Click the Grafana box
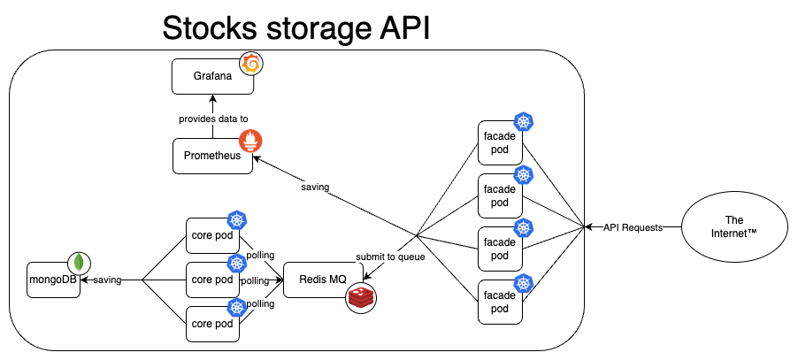(211, 75)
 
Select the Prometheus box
(211, 155)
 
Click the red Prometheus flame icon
(251, 142)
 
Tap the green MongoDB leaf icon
(81, 263)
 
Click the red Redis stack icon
(361, 297)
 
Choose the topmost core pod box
(211, 236)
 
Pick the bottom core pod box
(211, 323)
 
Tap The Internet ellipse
(734, 226)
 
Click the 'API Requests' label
(633, 227)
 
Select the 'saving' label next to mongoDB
(108, 280)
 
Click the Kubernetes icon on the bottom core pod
(235, 306)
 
